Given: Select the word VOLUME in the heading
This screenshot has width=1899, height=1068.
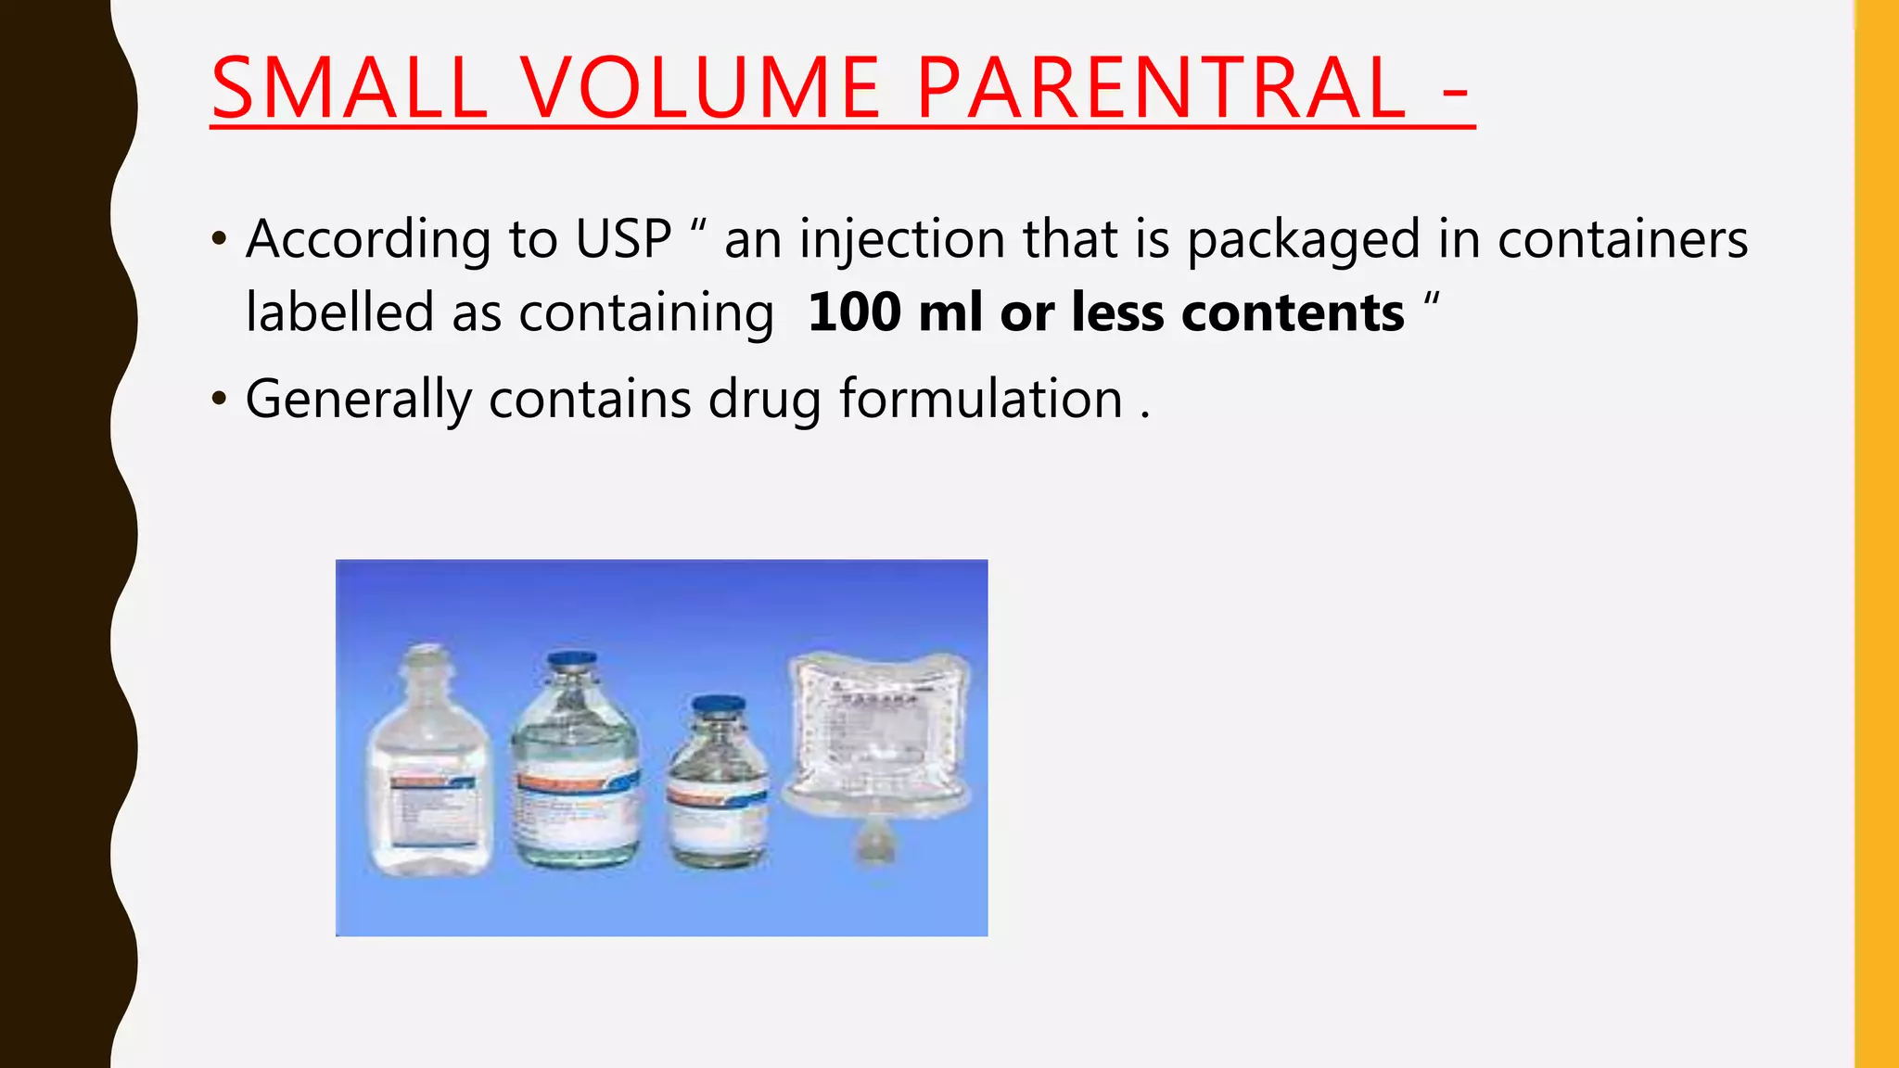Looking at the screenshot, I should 700,89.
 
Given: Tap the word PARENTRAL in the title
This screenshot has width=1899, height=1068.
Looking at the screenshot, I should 1161,89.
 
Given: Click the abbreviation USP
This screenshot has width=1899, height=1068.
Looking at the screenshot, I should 623,239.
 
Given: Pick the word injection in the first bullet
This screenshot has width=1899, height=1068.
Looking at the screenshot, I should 901,239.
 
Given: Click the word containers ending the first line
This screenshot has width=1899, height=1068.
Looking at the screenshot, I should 1623,239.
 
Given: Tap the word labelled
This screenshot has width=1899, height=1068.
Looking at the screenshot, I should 338,311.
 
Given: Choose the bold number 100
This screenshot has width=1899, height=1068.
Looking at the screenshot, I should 854,311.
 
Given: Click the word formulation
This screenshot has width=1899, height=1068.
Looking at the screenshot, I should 981,400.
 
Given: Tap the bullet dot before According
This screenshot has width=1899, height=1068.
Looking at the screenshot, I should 219,240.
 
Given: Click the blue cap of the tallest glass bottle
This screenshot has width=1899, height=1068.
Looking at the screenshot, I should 572,662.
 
